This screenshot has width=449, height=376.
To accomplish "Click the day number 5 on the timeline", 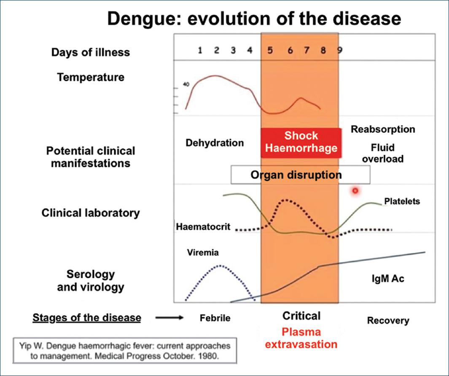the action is (270, 51).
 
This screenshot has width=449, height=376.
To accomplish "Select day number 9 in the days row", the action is (340, 51).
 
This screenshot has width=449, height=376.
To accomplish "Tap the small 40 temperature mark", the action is (186, 84).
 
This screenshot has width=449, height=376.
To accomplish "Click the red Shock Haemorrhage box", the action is (301, 142).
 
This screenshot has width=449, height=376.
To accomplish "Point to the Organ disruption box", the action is (300, 175).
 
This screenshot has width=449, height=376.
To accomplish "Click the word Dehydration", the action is (215, 142).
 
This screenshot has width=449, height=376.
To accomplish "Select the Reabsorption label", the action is (383, 129).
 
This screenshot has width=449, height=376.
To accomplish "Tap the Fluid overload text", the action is (383, 153).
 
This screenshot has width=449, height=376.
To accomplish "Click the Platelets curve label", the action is (402, 201).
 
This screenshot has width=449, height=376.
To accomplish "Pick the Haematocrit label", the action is (203, 226).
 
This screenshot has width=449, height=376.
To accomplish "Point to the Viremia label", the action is (203, 252).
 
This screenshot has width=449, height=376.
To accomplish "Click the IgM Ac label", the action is (388, 278).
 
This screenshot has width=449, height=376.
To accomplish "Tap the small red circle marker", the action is (355, 191).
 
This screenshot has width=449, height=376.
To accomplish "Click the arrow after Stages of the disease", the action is (169, 317).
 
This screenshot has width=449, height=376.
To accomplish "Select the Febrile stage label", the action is (215, 318).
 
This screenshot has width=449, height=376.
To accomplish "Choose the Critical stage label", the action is (301, 316).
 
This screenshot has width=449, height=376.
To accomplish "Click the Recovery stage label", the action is (388, 320).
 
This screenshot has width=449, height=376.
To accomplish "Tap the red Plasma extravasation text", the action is (301, 338).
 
